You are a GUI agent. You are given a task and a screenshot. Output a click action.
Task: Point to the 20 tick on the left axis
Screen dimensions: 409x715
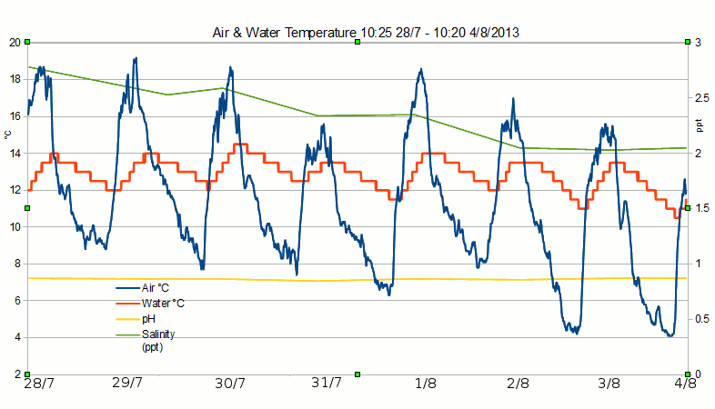click(x=15, y=43)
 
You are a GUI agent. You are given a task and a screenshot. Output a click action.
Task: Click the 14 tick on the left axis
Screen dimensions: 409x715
click(x=15, y=154)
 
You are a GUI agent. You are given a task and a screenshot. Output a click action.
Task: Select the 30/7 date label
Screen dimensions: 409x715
click(x=228, y=384)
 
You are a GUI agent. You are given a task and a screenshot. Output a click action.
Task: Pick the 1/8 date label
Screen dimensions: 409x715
click(x=424, y=384)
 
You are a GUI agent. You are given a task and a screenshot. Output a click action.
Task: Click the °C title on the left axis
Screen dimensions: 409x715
click(x=7, y=135)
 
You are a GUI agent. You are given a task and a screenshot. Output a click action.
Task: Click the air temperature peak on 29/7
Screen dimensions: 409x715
click(x=135, y=59)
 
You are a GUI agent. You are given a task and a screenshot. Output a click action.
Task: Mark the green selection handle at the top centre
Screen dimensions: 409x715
click(x=357, y=43)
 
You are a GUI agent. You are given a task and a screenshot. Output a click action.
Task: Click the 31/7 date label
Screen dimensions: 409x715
click(x=326, y=384)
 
